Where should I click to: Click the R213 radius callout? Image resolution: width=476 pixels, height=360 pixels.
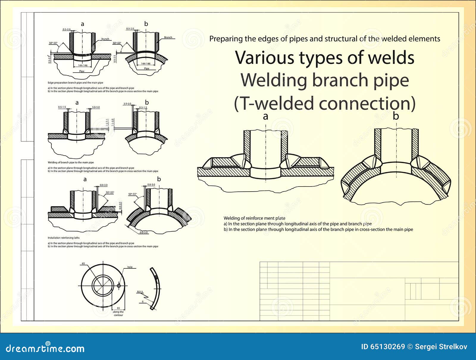click(x=140, y=292)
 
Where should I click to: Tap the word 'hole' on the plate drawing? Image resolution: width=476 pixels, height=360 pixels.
click(x=130, y=267)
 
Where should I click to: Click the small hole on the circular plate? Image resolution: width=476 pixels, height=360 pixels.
click(x=119, y=286)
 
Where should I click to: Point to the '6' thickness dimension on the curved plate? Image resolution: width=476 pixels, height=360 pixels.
click(x=143, y=301)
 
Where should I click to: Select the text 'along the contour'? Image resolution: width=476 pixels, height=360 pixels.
click(x=118, y=313)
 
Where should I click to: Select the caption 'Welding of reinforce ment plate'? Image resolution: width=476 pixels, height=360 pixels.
click(x=254, y=218)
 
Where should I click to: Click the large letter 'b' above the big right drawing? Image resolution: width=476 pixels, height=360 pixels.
click(x=395, y=116)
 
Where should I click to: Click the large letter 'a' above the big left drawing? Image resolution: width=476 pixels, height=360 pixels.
click(x=265, y=116)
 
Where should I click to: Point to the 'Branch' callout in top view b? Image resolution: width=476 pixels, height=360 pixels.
click(x=168, y=37)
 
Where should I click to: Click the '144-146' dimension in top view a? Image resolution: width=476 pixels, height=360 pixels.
click(x=82, y=65)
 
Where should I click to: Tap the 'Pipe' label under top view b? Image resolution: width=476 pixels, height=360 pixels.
click(x=146, y=68)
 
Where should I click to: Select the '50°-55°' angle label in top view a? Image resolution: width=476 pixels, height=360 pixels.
click(x=53, y=43)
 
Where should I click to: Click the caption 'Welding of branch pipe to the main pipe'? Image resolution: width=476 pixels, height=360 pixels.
click(x=71, y=162)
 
